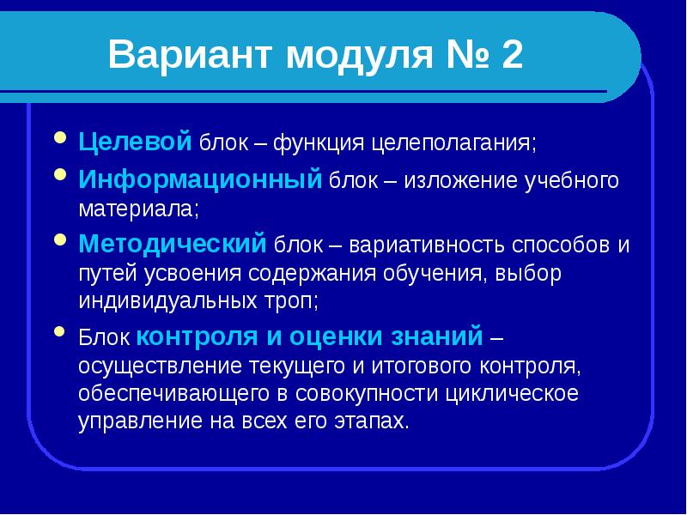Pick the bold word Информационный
click(200, 180)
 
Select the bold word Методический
click(173, 245)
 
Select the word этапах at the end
click(371, 421)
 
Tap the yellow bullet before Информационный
click(59, 175)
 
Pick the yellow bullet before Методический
click(59, 239)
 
